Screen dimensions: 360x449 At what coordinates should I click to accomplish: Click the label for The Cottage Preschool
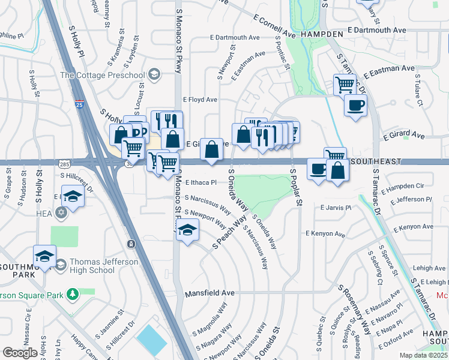pyautogui.click(x=102, y=75)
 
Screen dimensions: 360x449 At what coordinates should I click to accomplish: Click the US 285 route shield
pyautogui.click(x=64, y=163)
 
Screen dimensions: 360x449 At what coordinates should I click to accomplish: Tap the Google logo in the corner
pyautogui.click(x=20, y=352)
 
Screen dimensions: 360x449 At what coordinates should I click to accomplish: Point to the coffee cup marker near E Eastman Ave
pyautogui.click(x=355, y=106)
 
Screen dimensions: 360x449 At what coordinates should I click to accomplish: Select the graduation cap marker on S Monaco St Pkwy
pyautogui.click(x=187, y=230)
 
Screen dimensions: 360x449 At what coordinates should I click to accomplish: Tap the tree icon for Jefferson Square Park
pyautogui.click(x=73, y=294)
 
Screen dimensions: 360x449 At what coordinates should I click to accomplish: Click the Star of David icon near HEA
pyautogui.click(x=61, y=212)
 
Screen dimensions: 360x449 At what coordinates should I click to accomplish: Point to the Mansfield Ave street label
pyautogui.click(x=209, y=293)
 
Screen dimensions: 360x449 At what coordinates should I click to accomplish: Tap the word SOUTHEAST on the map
pyautogui.click(x=375, y=162)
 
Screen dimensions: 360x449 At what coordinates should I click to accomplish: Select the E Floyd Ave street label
pyautogui.click(x=200, y=100)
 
